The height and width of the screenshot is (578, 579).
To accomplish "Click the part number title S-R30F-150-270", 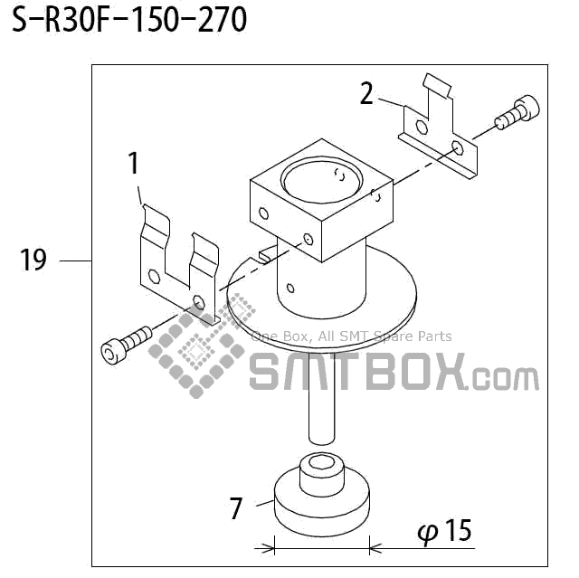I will (x=128, y=20).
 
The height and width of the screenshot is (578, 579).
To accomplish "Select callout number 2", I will (x=366, y=93).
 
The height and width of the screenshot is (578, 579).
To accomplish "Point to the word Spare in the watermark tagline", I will (x=394, y=336).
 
